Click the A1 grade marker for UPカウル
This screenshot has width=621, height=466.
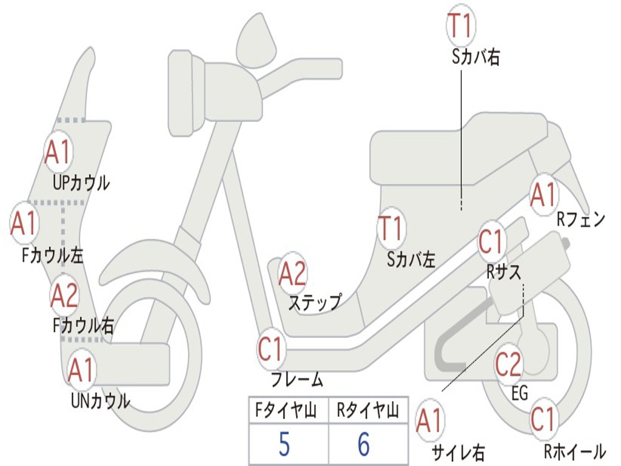(x=59, y=153)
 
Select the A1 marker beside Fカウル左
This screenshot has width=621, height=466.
(x=25, y=223)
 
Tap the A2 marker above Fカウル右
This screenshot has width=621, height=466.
(x=64, y=295)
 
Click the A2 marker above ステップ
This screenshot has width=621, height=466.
(x=293, y=274)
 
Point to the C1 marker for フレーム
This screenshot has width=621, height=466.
(x=271, y=349)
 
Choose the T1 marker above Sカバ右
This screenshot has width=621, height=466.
(x=461, y=25)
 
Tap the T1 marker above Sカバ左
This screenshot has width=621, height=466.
(x=391, y=229)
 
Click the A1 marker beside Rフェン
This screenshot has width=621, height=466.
(x=543, y=195)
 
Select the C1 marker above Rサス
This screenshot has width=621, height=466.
(x=492, y=241)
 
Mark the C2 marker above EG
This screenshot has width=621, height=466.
(x=508, y=364)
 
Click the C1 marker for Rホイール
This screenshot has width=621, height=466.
(x=543, y=419)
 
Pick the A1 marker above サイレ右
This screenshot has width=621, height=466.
(x=430, y=420)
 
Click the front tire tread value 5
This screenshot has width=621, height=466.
(x=284, y=445)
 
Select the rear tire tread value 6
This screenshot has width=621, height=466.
(x=363, y=445)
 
